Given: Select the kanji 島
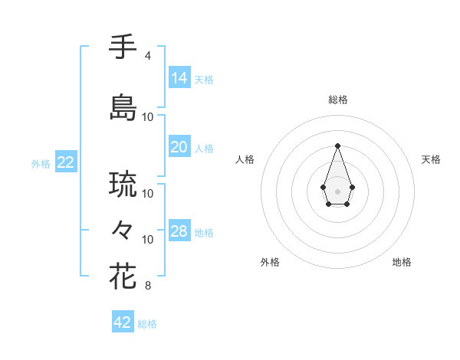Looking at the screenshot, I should [x=123, y=106].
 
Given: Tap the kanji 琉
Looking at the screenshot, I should [x=123, y=184].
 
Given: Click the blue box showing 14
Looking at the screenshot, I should [x=179, y=77].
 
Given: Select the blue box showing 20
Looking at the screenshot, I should [x=179, y=147].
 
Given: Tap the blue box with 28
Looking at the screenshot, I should [x=179, y=231].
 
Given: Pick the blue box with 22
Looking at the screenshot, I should [x=66, y=162].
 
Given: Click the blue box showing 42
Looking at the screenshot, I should [x=123, y=322].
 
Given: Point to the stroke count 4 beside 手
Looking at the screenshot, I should [x=148, y=56].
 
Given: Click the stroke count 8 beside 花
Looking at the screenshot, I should [x=148, y=286].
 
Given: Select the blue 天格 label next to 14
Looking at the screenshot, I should [x=204, y=79].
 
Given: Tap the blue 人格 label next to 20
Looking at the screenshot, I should [x=204, y=149].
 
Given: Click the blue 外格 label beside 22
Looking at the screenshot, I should [x=41, y=164].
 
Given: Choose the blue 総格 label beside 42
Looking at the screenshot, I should [x=147, y=324].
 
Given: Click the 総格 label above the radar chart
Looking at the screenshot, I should [x=338, y=100].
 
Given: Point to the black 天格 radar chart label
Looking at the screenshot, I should [x=431, y=159].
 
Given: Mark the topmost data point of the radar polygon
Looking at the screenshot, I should [x=337, y=145].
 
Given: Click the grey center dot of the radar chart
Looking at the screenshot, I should [x=337, y=190].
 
